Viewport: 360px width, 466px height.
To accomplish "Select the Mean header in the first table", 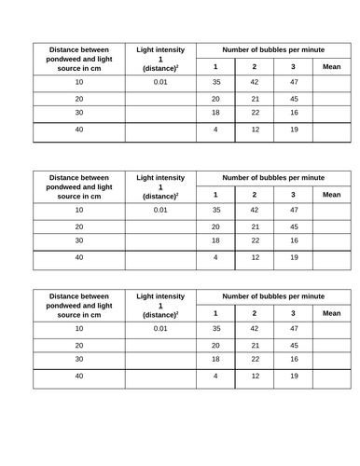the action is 331,66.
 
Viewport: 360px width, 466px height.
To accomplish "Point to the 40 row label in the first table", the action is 79,130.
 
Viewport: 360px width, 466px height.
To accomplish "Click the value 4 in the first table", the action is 215,130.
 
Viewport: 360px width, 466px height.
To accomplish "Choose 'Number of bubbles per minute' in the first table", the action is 273,48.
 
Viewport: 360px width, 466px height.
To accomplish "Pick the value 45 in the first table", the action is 293,99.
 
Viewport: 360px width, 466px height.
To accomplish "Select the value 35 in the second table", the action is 215,210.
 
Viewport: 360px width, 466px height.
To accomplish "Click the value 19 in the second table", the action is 293,257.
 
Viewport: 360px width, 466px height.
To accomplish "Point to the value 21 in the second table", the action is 254,226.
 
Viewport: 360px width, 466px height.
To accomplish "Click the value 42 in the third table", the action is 254,329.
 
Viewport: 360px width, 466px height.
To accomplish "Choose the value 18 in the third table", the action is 215,359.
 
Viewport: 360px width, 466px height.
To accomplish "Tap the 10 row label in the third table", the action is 79,329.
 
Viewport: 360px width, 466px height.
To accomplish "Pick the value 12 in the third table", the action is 254,377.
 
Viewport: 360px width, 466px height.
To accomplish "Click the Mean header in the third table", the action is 331,313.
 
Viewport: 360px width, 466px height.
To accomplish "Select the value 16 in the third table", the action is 293,359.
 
